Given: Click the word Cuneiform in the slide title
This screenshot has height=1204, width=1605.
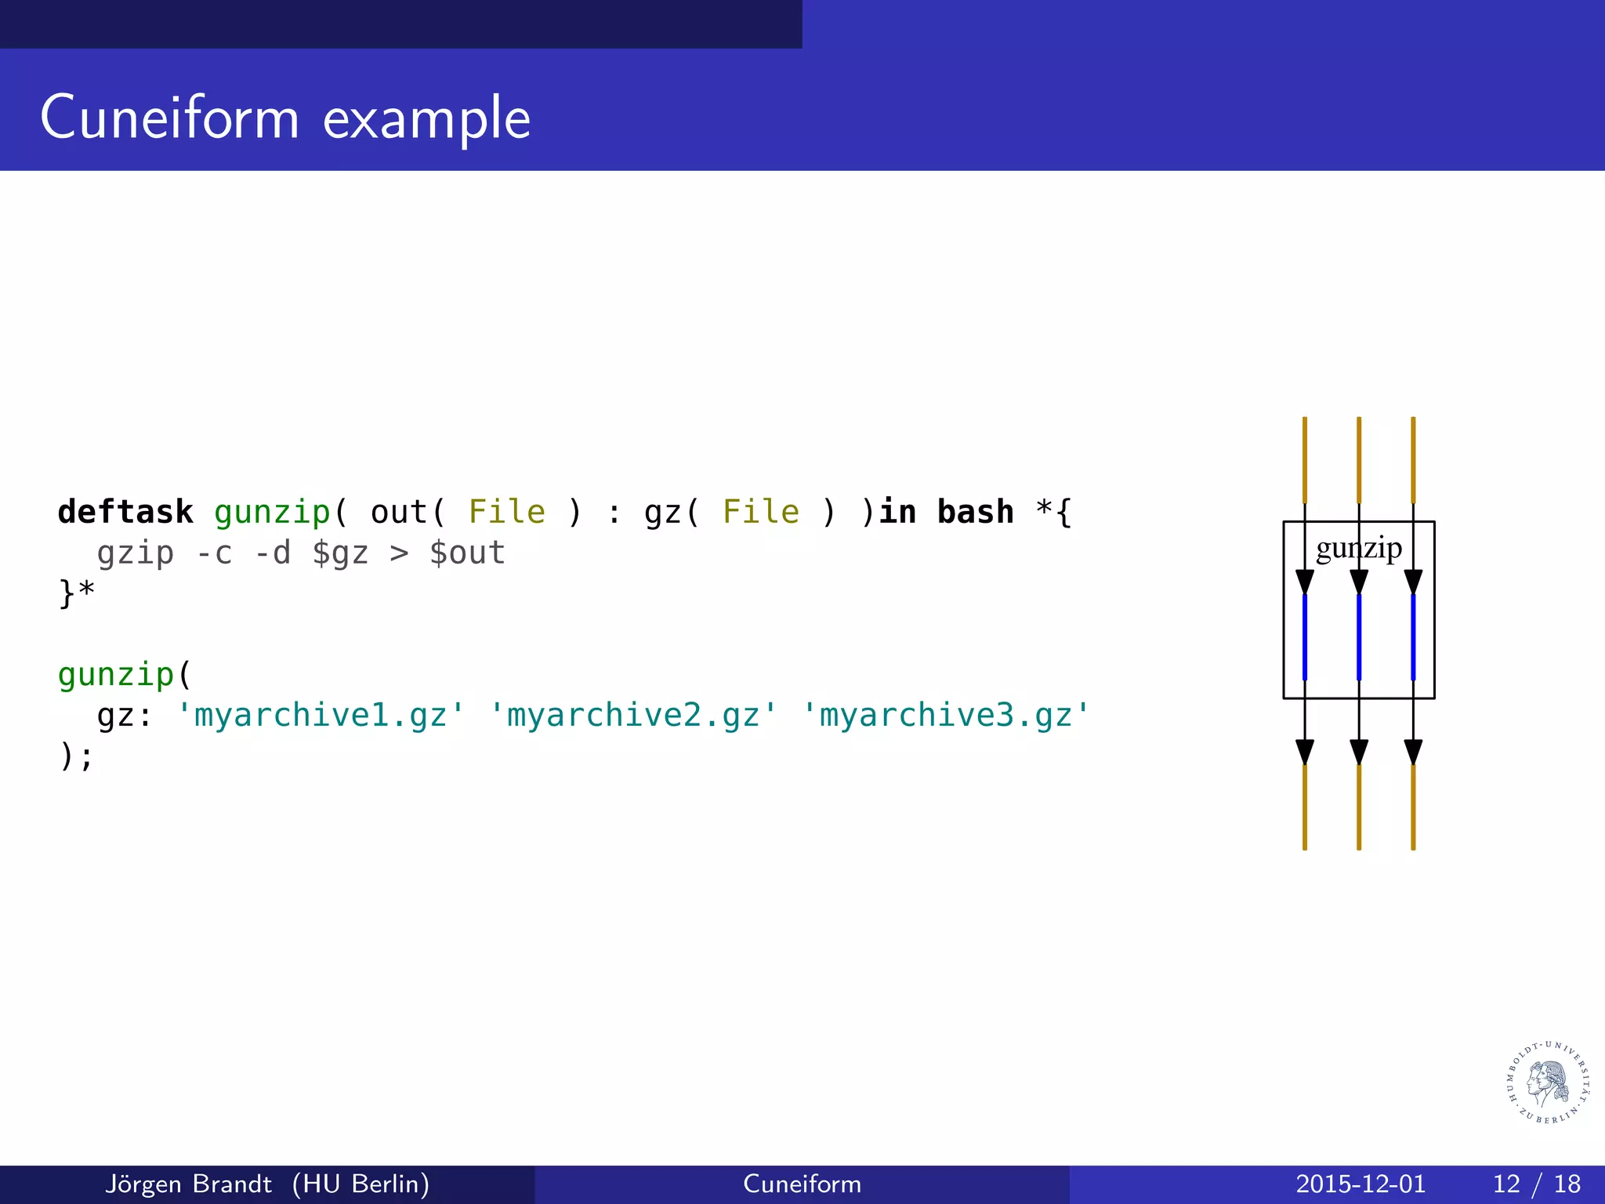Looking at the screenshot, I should coord(169,118).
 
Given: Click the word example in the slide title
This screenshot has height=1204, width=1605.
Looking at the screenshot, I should coord(426,119).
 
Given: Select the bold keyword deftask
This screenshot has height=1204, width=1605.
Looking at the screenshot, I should coord(125,512).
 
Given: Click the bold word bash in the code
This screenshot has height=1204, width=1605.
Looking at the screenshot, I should coord(975,512).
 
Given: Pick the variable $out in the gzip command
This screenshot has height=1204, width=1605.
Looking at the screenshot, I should coord(467,553).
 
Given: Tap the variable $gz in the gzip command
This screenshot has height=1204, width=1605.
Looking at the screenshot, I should coord(340,553).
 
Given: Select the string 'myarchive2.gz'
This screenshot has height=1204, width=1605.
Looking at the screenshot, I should coord(633,715).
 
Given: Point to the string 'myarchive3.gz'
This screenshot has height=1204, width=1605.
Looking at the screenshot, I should coord(946,715).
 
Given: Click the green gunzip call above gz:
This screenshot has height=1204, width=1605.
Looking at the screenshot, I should coord(116,674).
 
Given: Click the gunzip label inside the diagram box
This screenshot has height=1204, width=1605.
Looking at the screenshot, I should coord(1358,548).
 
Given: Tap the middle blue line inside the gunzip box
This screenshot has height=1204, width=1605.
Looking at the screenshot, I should coord(1359,636).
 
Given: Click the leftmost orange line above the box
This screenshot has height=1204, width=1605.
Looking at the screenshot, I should coord(1305,459).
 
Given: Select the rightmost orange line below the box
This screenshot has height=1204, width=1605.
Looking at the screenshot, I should coord(1413,807).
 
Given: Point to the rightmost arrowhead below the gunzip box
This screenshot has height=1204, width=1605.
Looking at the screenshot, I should coord(1413,752).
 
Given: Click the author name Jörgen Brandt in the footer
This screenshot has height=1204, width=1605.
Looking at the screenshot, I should coord(188,1184).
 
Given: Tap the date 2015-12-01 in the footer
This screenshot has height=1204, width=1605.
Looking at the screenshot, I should coord(1360,1184).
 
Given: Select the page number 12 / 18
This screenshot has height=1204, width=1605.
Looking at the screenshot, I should coord(1536,1184).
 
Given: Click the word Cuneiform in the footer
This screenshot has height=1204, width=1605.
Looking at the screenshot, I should coord(802,1184).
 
